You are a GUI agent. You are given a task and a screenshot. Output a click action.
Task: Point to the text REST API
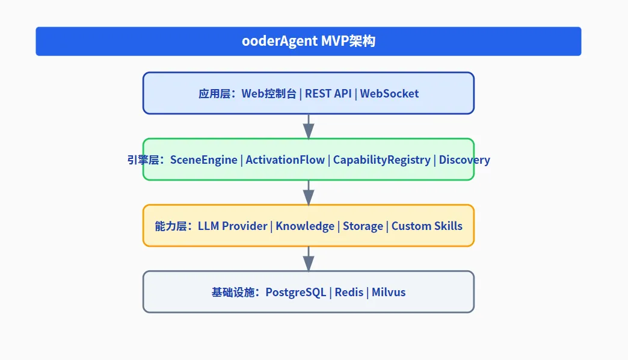click(x=327, y=93)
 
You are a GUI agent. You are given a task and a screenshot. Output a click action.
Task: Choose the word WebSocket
click(x=389, y=93)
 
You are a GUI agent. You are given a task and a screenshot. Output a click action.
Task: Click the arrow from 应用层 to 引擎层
click(x=309, y=126)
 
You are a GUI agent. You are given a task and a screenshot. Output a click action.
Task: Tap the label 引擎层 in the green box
click(x=140, y=160)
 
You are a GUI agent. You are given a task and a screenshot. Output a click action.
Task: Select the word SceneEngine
click(x=203, y=160)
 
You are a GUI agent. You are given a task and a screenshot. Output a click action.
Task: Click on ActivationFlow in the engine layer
click(x=285, y=160)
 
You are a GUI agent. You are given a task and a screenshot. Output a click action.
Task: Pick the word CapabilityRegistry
click(x=381, y=160)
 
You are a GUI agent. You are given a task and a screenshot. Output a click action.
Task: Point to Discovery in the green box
click(x=464, y=160)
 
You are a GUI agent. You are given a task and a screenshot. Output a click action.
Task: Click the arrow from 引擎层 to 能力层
click(x=309, y=192)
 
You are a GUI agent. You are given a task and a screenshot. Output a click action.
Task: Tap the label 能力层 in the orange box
click(x=168, y=226)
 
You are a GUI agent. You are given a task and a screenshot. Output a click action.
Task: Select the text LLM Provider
click(x=232, y=226)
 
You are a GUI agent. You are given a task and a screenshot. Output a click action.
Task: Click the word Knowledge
click(x=305, y=226)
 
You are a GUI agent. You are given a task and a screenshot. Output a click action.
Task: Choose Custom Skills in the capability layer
click(x=427, y=226)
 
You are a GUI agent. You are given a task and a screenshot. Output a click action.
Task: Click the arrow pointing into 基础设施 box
click(x=309, y=258)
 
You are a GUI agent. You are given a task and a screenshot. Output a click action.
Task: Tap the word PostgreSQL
click(x=296, y=292)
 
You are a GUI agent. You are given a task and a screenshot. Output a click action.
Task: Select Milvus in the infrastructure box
click(x=389, y=292)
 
